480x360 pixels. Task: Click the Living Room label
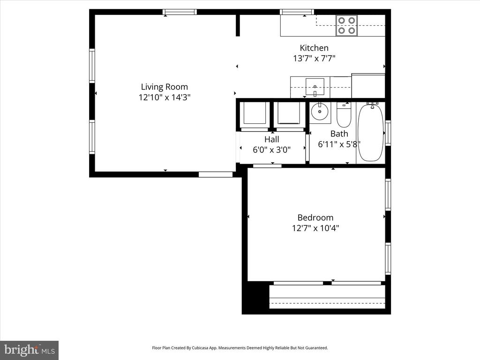(165, 87)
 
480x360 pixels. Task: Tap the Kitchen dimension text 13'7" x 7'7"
(314, 58)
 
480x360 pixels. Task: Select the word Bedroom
(315, 217)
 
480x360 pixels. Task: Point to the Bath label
(339, 134)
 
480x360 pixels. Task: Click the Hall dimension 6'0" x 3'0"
(271, 150)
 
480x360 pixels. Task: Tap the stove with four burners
(346, 25)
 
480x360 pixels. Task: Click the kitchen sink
(315, 87)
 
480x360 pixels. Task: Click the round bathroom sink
(320, 112)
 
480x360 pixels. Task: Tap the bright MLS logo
(29, 350)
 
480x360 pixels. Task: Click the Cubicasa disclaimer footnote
(240, 348)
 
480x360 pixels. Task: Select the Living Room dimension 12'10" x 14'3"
(165, 97)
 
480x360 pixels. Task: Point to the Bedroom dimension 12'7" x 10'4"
(315, 228)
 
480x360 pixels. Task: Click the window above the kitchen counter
(297, 12)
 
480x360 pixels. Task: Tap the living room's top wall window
(180, 12)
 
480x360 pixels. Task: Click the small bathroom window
(388, 133)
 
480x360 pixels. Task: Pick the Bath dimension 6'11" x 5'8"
(339, 144)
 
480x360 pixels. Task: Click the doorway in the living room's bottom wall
(216, 174)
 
